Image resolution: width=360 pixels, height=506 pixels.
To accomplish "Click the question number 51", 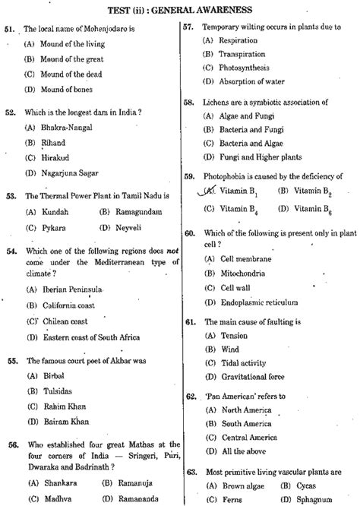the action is tap(10, 28).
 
